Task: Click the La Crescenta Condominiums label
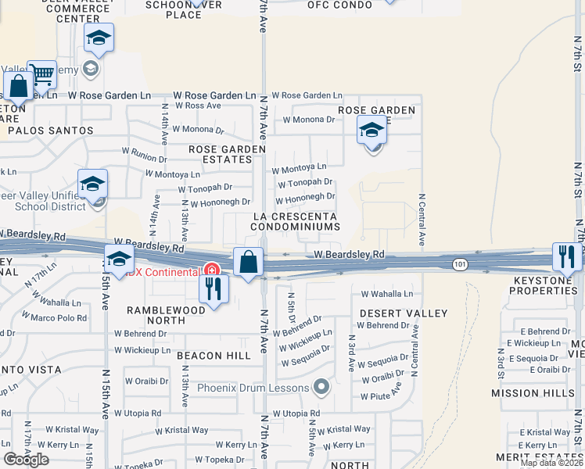click(x=295, y=221)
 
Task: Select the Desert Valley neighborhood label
click(x=404, y=313)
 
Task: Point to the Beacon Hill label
click(x=214, y=356)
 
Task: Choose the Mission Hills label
click(x=526, y=393)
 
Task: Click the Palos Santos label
click(x=51, y=131)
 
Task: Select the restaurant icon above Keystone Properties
click(x=567, y=256)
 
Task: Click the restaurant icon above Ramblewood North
click(x=213, y=288)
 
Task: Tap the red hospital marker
click(x=211, y=270)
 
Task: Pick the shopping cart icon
click(x=42, y=75)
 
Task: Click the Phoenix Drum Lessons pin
click(x=321, y=386)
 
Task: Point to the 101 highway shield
click(x=460, y=267)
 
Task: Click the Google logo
click(x=26, y=460)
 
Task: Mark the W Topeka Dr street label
click(x=221, y=460)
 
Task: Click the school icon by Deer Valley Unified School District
click(x=92, y=184)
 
